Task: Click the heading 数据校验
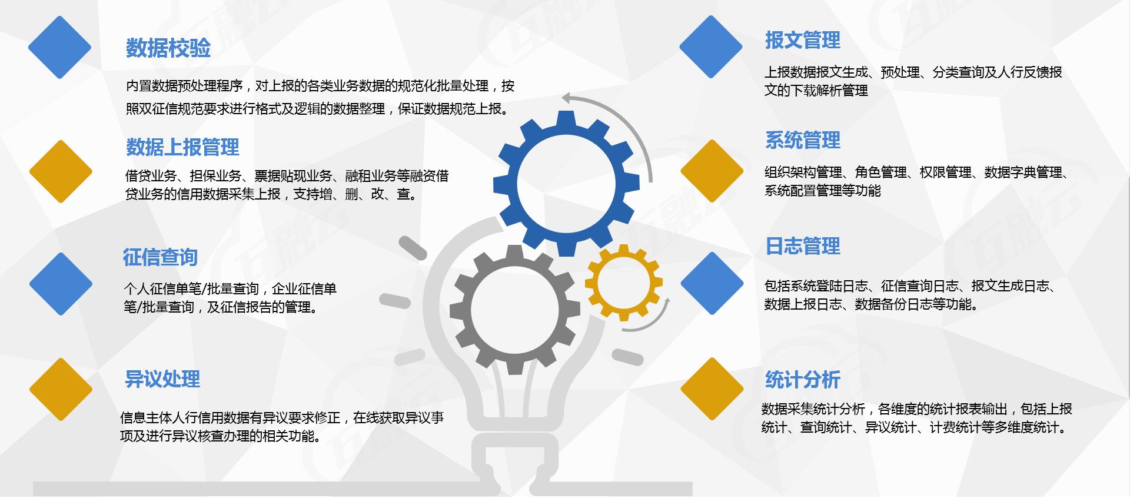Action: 168,48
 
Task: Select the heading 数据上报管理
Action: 182,147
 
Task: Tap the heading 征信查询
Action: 160,257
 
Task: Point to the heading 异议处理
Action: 162,379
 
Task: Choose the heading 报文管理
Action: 803,41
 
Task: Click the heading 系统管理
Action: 803,141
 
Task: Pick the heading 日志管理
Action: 803,246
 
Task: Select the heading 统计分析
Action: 803,380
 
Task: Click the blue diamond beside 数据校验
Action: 59,47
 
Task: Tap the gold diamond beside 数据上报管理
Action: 61,171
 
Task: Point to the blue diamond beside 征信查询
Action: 61,284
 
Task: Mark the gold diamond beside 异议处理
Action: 61,389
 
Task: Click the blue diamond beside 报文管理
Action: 711,47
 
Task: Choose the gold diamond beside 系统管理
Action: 712,171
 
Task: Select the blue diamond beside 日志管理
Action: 712,283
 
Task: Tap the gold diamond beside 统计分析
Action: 712,389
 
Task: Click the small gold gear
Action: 623,283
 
